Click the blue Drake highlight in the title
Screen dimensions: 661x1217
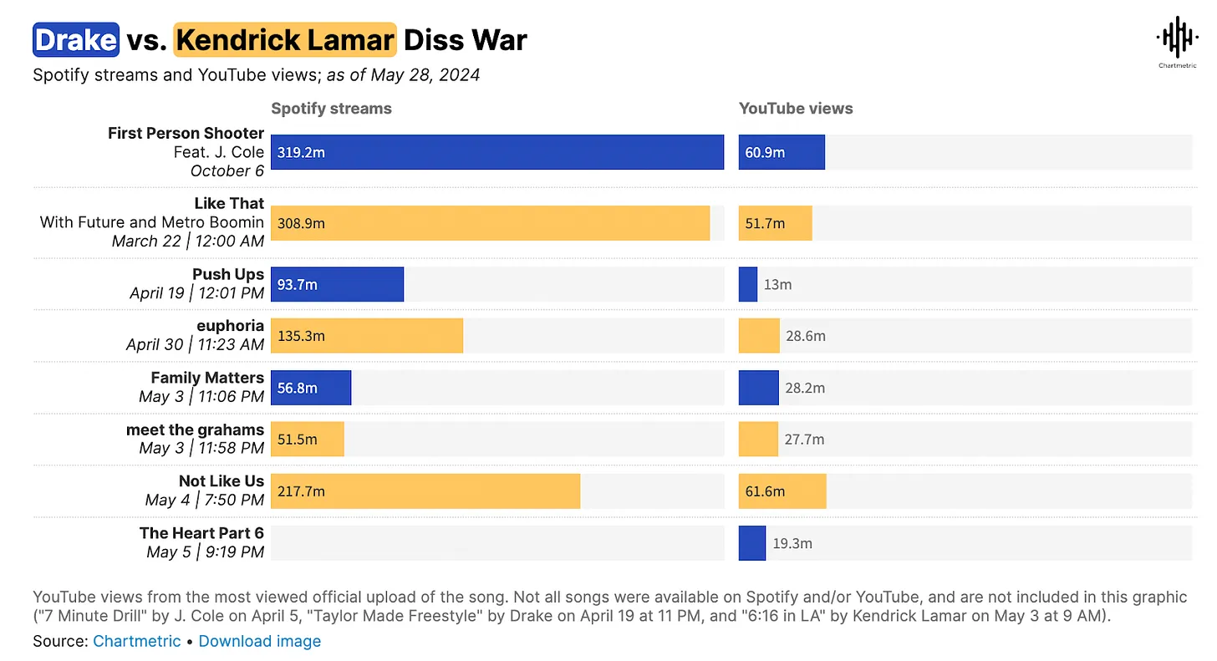76,39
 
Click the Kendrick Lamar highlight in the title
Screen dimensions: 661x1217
285,39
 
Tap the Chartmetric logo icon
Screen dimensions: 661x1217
1177,38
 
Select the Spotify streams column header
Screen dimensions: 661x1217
331,109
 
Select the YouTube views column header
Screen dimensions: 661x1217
796,109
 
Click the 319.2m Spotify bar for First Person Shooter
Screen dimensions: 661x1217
497,153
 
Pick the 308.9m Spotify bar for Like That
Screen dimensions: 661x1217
490,223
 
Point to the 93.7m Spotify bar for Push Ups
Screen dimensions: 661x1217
337,285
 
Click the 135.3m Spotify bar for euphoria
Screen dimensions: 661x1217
366,336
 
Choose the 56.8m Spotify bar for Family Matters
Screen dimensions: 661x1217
311,388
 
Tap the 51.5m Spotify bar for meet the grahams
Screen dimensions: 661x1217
307,440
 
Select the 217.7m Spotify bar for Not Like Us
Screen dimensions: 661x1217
425,491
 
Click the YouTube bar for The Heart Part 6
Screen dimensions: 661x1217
751,543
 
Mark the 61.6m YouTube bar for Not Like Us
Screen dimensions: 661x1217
782,491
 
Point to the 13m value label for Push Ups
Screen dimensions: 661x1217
777,285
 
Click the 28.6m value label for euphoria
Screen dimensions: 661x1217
806,336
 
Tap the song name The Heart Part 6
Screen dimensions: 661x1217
201,533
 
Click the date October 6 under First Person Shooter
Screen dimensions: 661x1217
227,171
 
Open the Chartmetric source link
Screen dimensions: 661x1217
136,642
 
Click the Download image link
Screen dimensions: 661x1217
260,642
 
